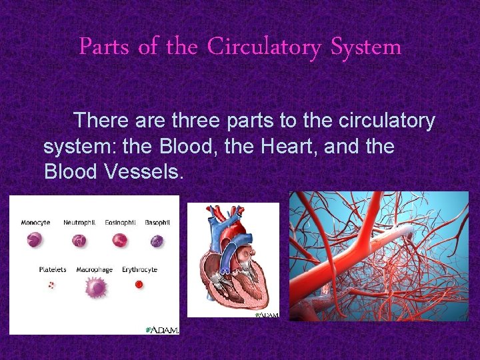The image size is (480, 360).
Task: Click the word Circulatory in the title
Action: [x=263, y=47]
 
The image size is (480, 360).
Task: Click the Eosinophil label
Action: [x=120, y=222]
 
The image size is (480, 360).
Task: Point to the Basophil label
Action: [x=157, y=222]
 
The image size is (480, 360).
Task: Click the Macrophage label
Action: [x=94, y=270]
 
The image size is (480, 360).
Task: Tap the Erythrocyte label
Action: [x=139, y=270]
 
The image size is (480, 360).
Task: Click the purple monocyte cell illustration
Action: [x=34, y=241]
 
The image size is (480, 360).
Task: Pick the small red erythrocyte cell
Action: [x=139, y=284]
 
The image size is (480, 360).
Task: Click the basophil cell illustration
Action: [x=157, y=241]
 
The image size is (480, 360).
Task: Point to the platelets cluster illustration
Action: [x=51, y=285]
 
